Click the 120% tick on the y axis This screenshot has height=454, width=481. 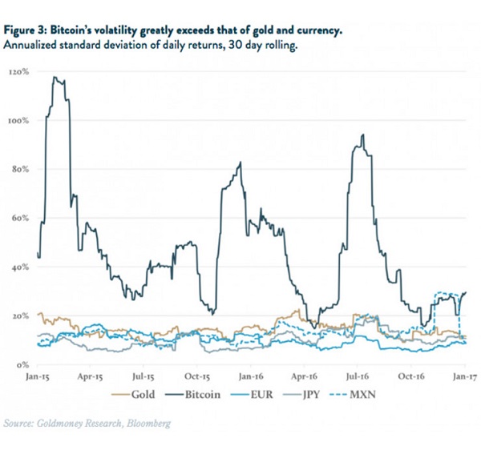pyautogui.click(x=19, y=72)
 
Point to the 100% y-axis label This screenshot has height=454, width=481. pyautogui.click(x=19, y=121)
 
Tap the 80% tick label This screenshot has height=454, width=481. pyautogui.click(x=21, y=170)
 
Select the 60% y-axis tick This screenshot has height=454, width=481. pyautogui.click(x=21, y=218)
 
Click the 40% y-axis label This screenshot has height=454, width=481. pyautogui.click(x=21, y=267)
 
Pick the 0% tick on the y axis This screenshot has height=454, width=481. pyautogui.click(x=23, y=364)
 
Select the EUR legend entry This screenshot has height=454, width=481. pyautogui.click(x=269, y=394)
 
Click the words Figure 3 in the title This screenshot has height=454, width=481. pyautogui.click(x=26, y=30)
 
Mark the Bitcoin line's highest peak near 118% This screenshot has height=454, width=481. pyautogui.click(x=54, y=77)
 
